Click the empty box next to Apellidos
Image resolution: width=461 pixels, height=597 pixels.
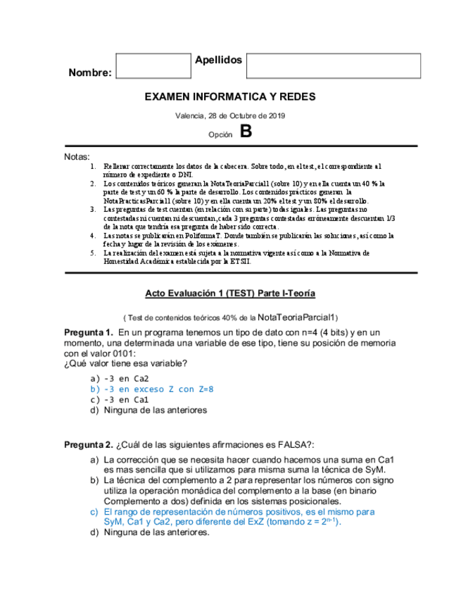coord(333,66)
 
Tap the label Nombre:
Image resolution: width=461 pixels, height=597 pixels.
coord(90,73)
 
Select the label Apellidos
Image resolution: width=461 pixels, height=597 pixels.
coord(218,60)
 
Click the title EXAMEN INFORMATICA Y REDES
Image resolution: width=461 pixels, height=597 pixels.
coord(230,96)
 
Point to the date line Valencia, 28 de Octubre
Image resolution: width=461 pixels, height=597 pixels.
coord(230,115)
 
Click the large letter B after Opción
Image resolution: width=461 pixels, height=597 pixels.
coord(245,132)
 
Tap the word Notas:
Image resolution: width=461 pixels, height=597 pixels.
coord(77,156)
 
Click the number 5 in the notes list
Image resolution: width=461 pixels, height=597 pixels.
coord(93,252)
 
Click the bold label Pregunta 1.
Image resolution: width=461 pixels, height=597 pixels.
coord(88,332)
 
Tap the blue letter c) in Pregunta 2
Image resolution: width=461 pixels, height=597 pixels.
coord(94,512)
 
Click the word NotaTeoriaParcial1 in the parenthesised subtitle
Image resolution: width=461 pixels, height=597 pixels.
coord(298,317)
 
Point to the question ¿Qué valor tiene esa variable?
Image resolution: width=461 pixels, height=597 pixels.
coord(125,363)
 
